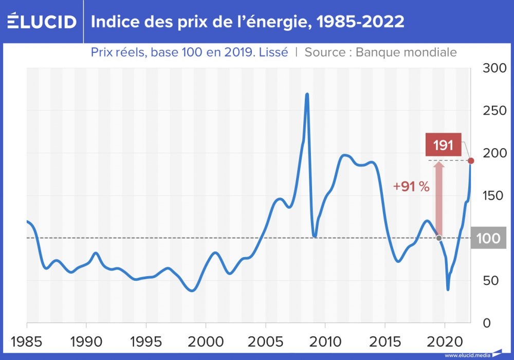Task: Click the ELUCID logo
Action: [41, 22]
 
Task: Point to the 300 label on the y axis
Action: [495, 68]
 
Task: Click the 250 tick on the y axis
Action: [495, 111]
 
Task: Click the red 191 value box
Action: [443, 145]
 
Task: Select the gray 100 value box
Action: [488, 239]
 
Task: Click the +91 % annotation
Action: [411, 187]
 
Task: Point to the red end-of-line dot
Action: [471, 161]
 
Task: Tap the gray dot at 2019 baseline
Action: [438, 238]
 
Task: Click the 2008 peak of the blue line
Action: [307, 95]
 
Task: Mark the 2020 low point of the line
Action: [448, 289]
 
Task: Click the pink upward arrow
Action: [438, 198]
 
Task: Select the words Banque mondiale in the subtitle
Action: [406, 52]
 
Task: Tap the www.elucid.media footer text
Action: [466, 355]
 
